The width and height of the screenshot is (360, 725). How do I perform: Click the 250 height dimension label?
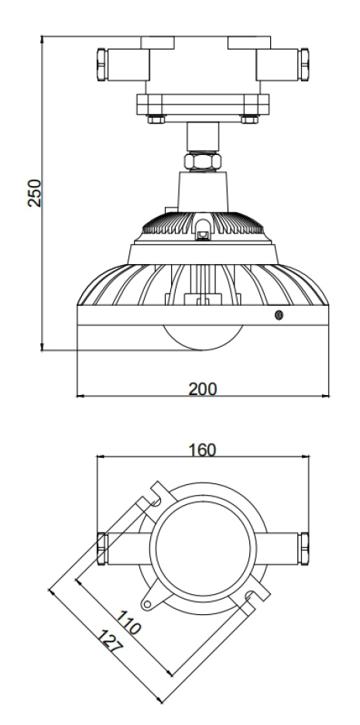click(35, 193)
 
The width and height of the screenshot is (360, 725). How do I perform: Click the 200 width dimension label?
click(202, 390)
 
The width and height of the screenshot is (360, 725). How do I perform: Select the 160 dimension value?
click(202, 450)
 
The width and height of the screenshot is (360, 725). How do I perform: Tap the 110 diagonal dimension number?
click(128, 622)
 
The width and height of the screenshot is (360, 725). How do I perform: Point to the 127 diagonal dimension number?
click(109, 641)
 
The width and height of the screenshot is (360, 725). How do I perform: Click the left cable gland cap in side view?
click(102, 64)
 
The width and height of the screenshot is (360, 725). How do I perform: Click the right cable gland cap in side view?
click(303, 64)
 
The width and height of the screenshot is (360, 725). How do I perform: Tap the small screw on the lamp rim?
click(279, 315)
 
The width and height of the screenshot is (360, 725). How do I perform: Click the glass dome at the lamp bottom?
click(202, 338)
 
